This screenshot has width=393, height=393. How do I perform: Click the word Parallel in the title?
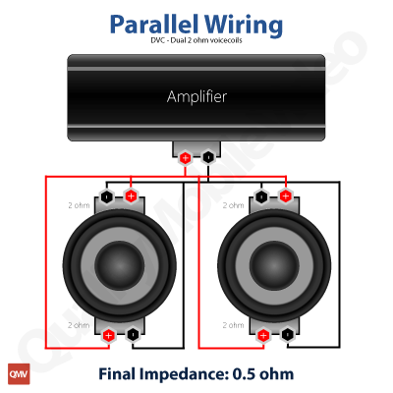154,24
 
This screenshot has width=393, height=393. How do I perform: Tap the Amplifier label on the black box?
196,96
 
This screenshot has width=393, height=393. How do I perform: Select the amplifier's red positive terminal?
186,158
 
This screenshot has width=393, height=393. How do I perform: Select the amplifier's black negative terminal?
208,157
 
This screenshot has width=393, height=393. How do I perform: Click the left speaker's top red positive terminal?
131,196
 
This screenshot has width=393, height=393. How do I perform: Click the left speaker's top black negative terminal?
107,196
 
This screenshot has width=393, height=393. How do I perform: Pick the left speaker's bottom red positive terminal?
108,335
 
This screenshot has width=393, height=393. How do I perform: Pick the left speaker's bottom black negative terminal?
133,335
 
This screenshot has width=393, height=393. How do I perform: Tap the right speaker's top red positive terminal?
286,196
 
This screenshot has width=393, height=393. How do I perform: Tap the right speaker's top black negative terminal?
261,196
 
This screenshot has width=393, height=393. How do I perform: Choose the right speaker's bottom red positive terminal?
263,335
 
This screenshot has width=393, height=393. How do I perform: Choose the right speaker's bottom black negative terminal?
287,335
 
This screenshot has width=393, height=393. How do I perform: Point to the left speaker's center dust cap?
120,266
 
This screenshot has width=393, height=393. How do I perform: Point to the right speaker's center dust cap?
274,266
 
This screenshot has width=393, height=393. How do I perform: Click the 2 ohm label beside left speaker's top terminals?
79,205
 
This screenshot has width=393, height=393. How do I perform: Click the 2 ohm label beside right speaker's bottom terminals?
234,325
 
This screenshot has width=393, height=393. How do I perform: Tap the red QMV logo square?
19,373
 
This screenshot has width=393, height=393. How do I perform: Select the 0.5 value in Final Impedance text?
244,374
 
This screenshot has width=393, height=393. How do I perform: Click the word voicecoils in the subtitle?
226,40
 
